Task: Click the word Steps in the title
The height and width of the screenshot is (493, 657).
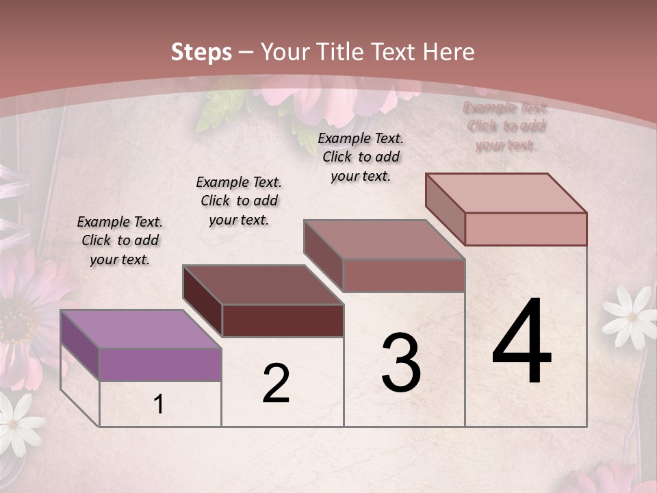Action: pos(201,52)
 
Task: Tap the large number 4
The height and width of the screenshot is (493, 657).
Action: pos(521,342)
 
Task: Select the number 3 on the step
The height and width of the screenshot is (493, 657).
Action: pos(401,363)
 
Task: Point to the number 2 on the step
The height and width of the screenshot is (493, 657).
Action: pos(276,383)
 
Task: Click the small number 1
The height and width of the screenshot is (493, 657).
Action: pos(159,405)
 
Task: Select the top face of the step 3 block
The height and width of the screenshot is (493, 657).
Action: pos(385,240)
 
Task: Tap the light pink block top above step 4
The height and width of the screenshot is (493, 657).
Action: pos(506,193)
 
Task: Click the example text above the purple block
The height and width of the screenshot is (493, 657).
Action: pos(120,240)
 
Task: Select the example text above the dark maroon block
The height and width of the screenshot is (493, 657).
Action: pos(239,201)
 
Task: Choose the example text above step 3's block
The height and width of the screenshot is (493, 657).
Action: pos(361,157)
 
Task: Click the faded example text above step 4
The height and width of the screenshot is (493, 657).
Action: pos(506,126)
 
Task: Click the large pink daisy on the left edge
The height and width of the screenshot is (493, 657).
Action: pos(24,315)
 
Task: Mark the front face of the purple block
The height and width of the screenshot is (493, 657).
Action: pos(160,364)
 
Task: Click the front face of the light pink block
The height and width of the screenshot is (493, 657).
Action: pos(526,229)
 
